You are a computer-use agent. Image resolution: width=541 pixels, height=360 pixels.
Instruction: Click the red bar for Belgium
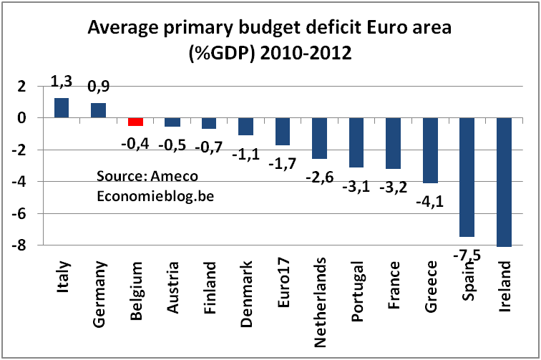[136, 122]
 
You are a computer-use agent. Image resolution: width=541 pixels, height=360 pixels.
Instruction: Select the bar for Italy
[62, 107]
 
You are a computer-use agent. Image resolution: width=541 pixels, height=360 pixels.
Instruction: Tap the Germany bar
[99, 110]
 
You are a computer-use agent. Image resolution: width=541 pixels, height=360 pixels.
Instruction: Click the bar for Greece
[430, 150]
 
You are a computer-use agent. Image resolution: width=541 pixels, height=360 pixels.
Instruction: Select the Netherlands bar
[320, 138]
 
